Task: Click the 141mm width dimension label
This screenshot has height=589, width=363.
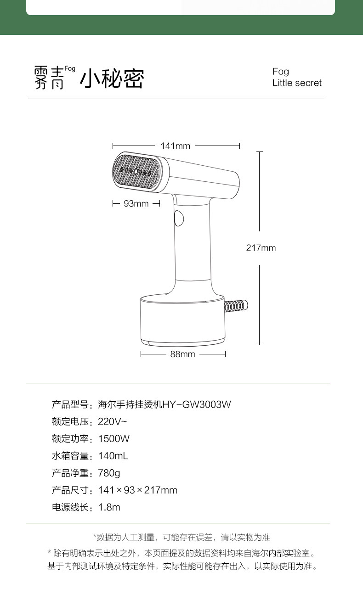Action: tap(176, 146)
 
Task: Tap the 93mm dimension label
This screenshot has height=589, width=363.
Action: tap(136, 203)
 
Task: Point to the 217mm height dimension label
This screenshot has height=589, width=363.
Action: tap(261, 248)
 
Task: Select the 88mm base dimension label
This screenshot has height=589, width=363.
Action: tap(183, 354)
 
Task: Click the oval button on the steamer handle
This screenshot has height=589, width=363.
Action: tap(179, 218)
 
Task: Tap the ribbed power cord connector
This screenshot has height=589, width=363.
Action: tap(236, 306)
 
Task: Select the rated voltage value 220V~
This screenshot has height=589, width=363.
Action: tap(113, 421)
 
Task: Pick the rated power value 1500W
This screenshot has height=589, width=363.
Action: tap(114, 438)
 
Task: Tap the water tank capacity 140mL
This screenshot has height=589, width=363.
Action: tap(113, 456)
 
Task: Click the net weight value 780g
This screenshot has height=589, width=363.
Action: tap(109, 473)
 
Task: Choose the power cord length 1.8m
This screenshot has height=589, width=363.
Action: tap(109, 507)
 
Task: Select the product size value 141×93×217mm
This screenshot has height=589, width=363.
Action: tap(138, 490)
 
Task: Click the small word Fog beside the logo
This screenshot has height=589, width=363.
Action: tap(70, 69)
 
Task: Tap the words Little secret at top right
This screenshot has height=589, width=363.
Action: tap(297, 83)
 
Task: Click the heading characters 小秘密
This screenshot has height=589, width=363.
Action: tap(112, 79)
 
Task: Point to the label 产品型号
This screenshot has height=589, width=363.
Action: tap(70, 404)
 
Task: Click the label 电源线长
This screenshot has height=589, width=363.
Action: tap(70, 507)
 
